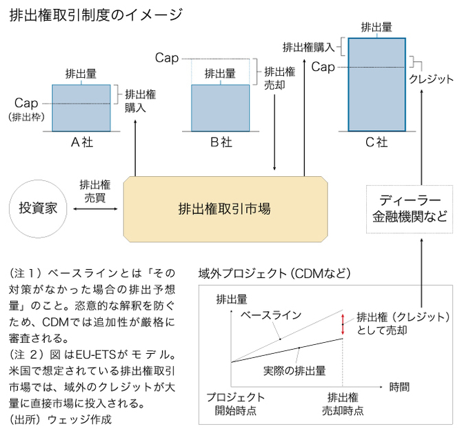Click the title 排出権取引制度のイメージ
pos(97,14)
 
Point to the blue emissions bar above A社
pos(81,107)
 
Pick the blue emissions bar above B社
pos(220,107)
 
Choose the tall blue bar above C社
pos(376,84)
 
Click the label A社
pos(82,142)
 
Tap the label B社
pos(221,142)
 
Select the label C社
pos(376,142)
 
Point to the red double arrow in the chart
pos(343,324)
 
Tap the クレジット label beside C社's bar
pos(431,78)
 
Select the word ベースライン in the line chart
pos(271,315)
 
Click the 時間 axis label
pos(399,386)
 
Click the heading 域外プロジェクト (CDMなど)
pos(274,273)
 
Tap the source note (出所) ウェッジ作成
pos(60,419)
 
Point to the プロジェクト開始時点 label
pos(235,403)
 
